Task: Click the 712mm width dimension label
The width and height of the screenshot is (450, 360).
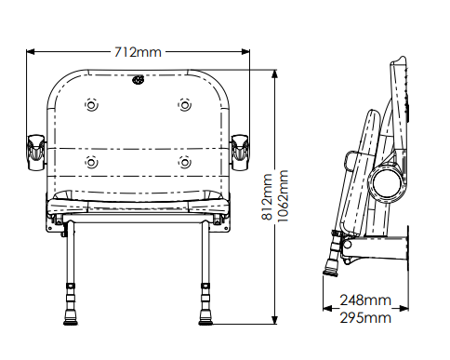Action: pos(138,52)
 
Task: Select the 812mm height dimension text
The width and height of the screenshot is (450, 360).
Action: pos(267,197)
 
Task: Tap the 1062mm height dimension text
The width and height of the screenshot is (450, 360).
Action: pos(283,196)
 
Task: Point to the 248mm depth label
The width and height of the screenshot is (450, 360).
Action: pos(365,300)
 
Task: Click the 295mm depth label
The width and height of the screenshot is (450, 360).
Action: pos(365,318)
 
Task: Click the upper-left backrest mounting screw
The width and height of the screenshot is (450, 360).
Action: pos(91,105)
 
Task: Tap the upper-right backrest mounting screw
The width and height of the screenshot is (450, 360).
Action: pos(185,105)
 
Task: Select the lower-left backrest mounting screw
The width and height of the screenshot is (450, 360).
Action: pos(91,162)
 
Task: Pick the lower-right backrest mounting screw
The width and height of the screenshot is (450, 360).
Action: pos(185,162)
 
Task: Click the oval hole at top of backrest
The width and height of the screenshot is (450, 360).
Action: pos(139,80)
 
